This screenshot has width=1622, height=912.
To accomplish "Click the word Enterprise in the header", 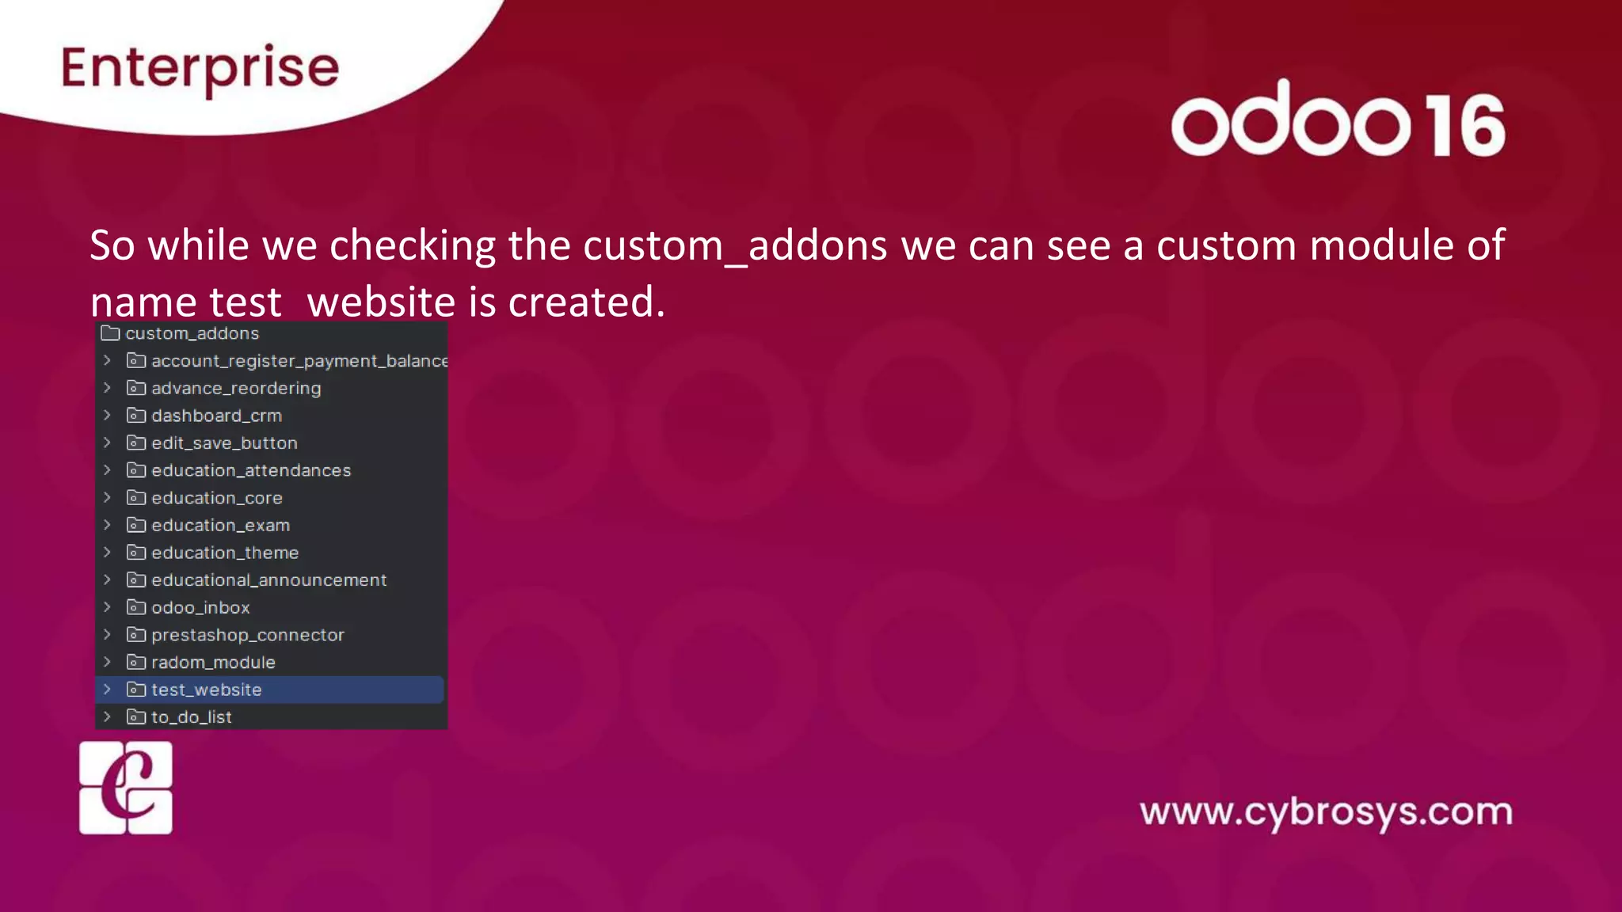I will (200, 68).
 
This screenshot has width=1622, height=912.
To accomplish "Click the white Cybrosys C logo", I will (126, 788).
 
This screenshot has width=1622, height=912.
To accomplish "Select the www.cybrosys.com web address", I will (1326, 812).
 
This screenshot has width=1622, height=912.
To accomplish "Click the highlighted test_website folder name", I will (206, 690).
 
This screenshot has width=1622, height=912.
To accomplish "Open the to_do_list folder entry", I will (191, 717).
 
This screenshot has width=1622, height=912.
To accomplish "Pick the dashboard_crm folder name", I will (216, 416).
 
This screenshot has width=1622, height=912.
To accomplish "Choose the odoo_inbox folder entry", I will (200, 608).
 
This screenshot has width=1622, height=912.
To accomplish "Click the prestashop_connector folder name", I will (247, 635).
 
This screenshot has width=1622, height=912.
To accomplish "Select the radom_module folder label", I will (213, 663).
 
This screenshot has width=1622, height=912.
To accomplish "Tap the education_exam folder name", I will (220, 526).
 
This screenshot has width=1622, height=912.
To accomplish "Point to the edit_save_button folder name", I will (224, 443).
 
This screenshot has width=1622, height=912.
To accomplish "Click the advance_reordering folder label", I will (236, 389).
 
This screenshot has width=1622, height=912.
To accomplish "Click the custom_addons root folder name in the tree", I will (192, 334).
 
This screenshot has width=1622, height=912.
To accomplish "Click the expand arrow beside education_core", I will (108, 498).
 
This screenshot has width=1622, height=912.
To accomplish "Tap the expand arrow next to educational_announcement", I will (108, 580).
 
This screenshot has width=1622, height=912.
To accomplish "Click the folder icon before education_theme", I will (136, 553).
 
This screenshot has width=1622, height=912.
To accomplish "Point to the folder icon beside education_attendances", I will (136, 470).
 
